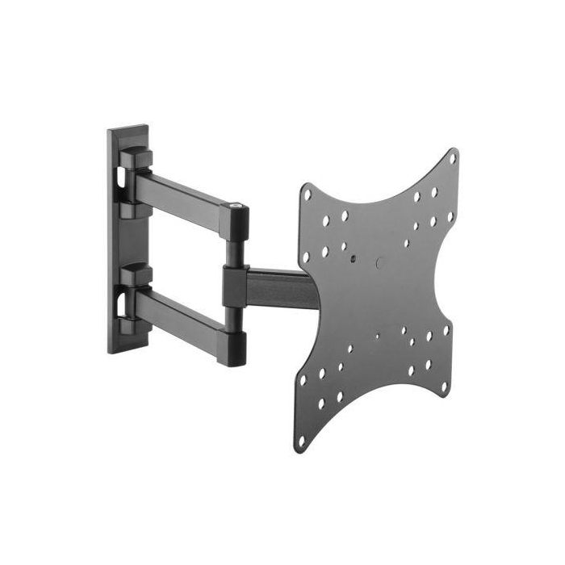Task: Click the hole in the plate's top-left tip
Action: coord(307,192)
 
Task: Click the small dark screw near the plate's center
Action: coord(353,259)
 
